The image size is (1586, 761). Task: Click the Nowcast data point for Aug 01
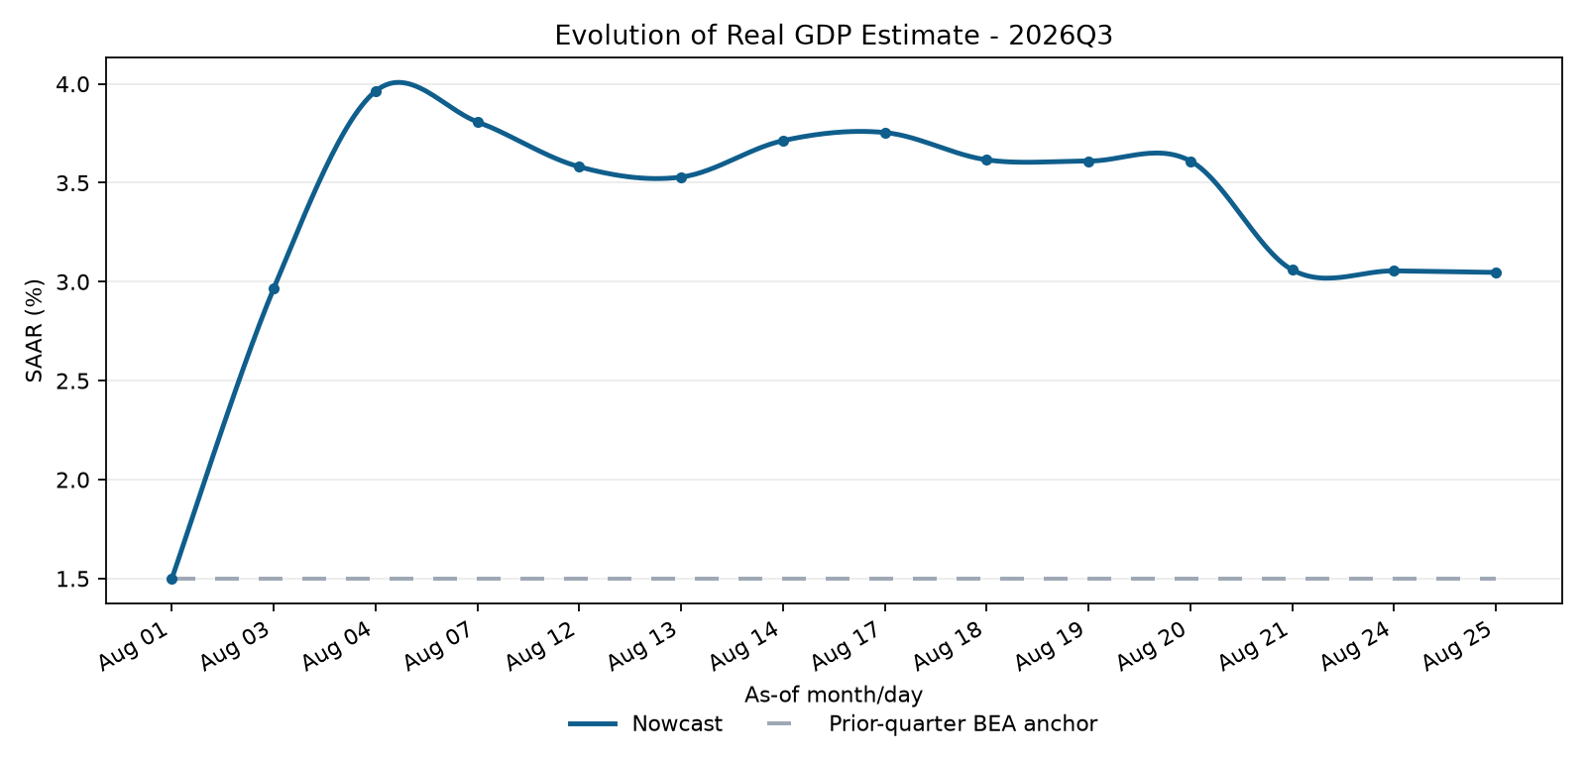172,579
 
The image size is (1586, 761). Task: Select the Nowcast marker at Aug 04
376,91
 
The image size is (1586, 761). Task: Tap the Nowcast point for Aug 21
1293,270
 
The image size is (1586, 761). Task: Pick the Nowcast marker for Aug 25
1496,272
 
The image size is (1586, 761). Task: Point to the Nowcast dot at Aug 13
681,177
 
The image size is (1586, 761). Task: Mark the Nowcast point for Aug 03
274,288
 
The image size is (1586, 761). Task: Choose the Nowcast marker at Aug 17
885,133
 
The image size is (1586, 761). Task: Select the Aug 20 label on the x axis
1155,646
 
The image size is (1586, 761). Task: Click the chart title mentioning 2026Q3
834,36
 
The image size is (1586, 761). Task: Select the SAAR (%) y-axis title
34,331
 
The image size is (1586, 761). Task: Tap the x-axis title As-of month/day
834,696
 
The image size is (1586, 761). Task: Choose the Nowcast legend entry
645,724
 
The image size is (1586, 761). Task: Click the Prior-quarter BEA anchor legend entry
932,724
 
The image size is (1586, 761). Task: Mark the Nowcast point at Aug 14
783,141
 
